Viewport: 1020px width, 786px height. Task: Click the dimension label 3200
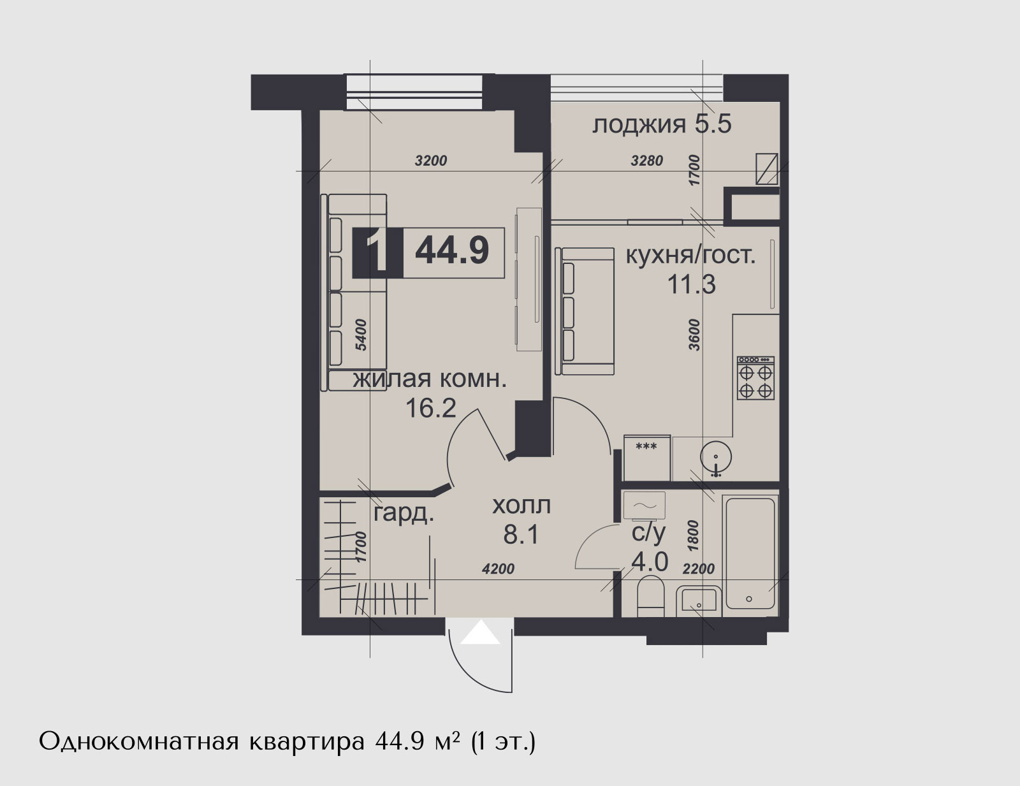tap(431, 161)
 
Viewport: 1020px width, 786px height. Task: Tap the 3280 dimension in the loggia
tap(647, 161)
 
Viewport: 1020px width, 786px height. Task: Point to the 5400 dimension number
tap(361, 335)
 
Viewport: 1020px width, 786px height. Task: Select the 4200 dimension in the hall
tap(499, 569)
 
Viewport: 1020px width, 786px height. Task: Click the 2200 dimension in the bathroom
tap(699, 569)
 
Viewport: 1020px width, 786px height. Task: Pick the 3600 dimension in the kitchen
tap(694, 335)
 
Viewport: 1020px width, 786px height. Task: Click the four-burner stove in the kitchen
tap(755, 378)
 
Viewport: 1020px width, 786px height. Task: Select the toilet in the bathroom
tap(651, 595)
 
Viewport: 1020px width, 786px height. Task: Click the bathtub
tap(750, 554)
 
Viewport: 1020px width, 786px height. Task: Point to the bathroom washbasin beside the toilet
tap(699, 601)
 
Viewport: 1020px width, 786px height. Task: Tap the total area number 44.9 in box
tap(452, 251)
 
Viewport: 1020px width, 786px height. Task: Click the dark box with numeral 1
tap(378, 253)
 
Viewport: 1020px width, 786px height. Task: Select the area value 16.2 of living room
tap(430, 408)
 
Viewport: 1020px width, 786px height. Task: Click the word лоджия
tap(639, 126)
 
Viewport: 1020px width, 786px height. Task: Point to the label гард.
tap(404, 514)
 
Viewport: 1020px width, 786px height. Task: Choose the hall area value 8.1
tap(521, 534)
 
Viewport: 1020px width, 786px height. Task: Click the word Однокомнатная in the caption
tap(139, 741)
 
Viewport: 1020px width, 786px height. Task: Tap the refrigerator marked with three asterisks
tap(647, 458)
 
